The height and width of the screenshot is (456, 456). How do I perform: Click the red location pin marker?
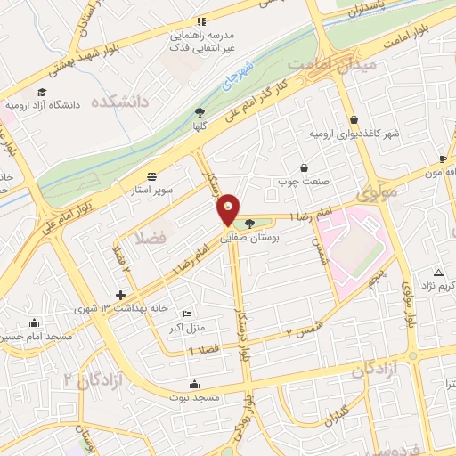pos(228,208)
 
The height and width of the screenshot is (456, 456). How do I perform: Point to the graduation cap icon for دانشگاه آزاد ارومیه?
pos(41,91)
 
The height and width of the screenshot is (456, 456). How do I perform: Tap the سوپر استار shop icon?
pos(151,175)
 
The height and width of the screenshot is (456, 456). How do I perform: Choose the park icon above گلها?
pos(199,112)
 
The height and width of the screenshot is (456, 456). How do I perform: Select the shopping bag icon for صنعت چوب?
pos(304,167)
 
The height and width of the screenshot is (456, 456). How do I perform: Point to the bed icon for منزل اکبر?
pos(186,313)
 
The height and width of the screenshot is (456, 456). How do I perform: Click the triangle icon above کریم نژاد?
pos(437,272)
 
